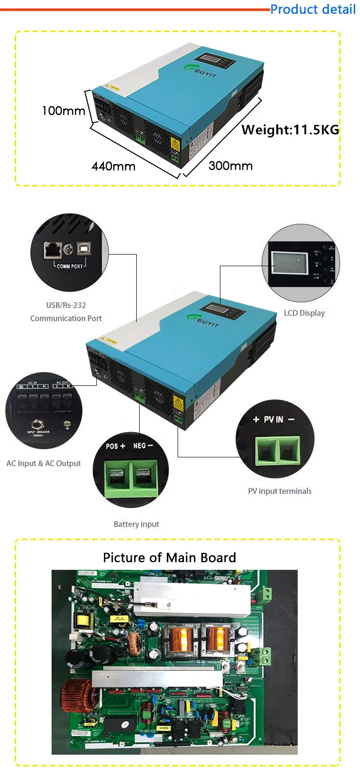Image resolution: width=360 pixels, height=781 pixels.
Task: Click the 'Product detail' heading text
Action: click(313, 9)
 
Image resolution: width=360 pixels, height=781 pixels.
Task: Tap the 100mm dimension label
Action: click(63, 111)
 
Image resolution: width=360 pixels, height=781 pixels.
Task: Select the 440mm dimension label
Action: click(113, 166)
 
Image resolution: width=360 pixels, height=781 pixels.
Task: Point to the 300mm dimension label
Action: click(231, 166)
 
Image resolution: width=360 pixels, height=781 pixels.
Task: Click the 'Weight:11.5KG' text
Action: click(290, 130)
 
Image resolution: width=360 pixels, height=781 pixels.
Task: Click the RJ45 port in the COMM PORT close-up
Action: click(52, 250)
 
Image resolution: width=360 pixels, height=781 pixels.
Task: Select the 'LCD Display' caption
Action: click(304, 313)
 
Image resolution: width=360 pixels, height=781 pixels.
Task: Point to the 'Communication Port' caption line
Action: click(66, 318)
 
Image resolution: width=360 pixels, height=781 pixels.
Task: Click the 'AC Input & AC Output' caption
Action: click(44, 463)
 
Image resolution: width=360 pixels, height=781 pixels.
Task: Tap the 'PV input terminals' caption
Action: click(280, 491)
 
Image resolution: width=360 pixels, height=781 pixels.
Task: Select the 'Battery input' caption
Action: click(136, 524)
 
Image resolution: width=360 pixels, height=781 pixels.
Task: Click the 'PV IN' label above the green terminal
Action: click(273, 419)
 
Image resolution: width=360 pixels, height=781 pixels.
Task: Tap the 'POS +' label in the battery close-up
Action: click(115, 446)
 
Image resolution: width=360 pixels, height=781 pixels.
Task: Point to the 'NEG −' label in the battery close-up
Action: click(143, 446)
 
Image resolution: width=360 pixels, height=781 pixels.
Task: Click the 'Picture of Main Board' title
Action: click(169, 558)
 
